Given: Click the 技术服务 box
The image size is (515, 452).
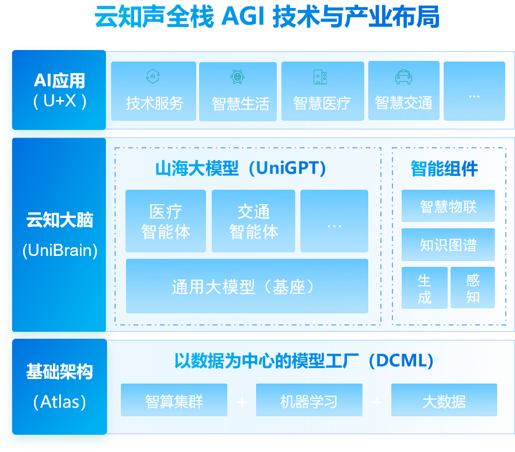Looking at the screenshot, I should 154,91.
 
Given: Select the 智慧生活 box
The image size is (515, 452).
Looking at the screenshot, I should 238,92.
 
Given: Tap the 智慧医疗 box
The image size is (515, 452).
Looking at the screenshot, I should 322,91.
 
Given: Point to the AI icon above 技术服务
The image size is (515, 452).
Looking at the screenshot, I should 152,76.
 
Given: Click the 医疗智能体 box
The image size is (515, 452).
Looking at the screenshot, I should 166,221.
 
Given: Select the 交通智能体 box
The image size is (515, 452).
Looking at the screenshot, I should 253,221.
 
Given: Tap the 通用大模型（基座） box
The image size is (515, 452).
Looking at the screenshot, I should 247,286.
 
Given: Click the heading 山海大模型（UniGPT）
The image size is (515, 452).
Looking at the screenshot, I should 241,168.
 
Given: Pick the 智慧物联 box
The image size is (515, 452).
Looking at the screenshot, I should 448,206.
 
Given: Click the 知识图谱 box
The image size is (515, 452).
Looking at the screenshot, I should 448,244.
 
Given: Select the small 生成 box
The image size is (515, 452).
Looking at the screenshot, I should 425,288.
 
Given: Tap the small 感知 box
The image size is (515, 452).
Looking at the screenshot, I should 472,288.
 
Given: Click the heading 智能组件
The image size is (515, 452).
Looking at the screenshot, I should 444,168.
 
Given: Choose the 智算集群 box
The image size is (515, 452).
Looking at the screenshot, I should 174,400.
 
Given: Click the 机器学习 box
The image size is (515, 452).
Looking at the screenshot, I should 309,400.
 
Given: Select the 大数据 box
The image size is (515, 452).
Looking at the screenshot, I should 444,400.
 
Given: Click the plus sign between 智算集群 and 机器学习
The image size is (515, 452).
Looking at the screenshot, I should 242,401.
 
